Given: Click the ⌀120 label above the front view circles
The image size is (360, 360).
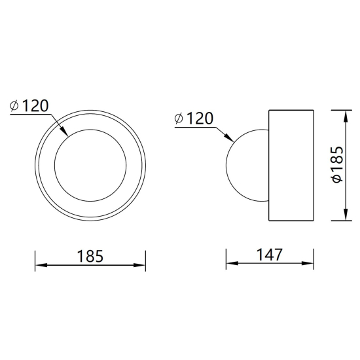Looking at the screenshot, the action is pyautogui.click(x=29, y=106).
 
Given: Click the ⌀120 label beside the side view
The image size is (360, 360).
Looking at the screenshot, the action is pyautogui.click(x=194, y=118).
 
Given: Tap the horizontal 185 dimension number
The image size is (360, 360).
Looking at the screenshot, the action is pyautogui.click(x=90, y=256).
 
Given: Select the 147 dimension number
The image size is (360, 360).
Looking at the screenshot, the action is pyautogui.click(x=269, y=255).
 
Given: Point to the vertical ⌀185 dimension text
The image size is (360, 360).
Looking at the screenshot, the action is pyautogui.click(x=337, y=164).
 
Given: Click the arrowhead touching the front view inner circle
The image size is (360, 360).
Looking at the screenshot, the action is pyautogui.click(x=64, y=132).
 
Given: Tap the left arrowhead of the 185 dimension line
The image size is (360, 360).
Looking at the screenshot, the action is pyautogui.click(x=41, y=265).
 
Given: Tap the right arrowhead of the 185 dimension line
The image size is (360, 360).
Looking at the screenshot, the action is pyautogui.click(x=139, y=265).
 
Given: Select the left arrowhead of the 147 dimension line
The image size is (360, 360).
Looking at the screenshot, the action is pyautogui.click(x=232, y=263).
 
